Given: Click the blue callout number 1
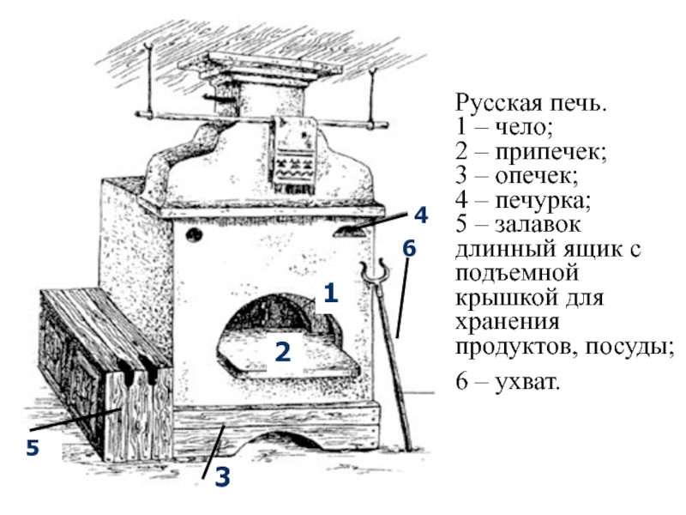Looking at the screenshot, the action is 331,293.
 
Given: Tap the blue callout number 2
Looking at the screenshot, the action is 283,351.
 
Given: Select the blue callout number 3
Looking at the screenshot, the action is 222,476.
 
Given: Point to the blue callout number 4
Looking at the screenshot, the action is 420,215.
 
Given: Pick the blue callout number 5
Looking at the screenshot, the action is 33,448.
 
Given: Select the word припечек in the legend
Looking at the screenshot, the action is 551,153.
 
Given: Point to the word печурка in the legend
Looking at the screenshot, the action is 543,201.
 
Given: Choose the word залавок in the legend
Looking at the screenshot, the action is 538,225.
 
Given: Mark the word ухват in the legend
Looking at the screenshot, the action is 527,381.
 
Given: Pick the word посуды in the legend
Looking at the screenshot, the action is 629,348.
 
